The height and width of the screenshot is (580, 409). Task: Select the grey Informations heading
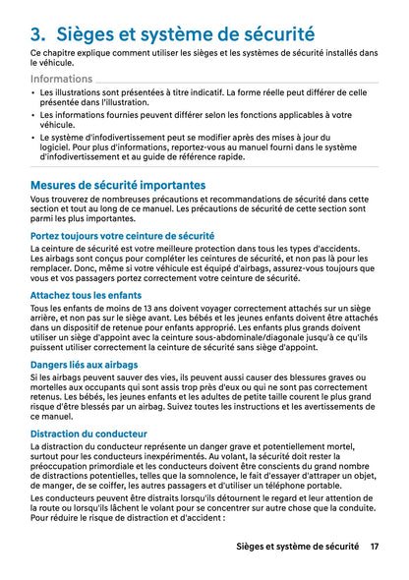(x=62, y=79)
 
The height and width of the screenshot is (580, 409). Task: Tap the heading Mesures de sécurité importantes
(x=118, y=185)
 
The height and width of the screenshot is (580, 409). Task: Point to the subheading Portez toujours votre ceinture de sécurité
(x=122, y=236)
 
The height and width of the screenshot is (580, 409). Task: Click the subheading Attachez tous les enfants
(x=87, y=295)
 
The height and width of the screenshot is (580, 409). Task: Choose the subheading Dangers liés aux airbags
(x=85, y=365)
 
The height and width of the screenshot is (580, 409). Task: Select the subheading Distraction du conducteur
(x=88, y=434)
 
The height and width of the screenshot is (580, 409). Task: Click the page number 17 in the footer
(x=375, y=546)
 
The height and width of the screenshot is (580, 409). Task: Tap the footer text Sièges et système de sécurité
(x=298, y=546)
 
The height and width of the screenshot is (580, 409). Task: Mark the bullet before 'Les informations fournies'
(x=33, y=116)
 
